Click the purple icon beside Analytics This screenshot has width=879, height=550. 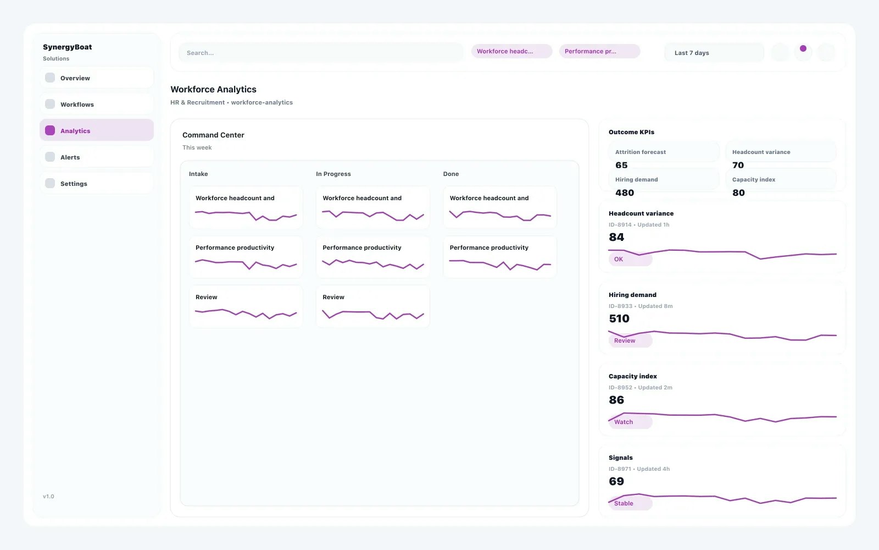50,131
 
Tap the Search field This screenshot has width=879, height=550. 321,53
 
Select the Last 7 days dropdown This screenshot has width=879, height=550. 714,53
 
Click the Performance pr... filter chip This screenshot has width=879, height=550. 599,52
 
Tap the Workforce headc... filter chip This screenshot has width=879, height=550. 511,52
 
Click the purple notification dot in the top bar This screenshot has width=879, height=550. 803,49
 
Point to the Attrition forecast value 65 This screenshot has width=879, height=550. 621,165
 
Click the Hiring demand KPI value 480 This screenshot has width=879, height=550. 625,193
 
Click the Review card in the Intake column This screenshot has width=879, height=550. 246,306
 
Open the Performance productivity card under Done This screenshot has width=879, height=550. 499,257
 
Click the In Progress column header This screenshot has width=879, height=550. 333,174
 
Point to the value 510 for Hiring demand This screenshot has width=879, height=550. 619,318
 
